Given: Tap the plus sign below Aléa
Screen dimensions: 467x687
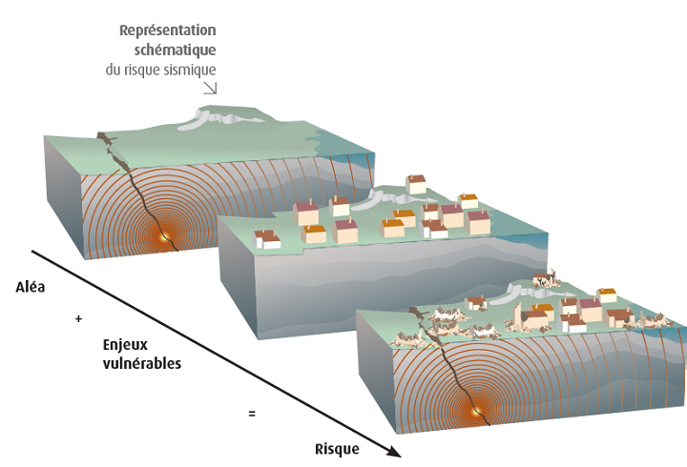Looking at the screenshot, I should tap(78, 319).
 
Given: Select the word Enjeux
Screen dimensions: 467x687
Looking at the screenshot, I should tap(128, 345).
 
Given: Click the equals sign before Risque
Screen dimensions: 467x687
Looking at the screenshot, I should tap(252, 414).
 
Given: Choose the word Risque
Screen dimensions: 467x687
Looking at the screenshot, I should tap(337, 449).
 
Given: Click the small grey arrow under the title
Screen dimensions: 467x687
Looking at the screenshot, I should tap(209, 87).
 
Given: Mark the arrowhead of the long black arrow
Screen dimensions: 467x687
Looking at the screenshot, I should tap(393, 453).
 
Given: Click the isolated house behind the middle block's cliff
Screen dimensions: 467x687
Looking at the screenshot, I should tap(416, 183).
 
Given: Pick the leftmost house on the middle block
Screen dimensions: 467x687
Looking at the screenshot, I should tap(266, 239).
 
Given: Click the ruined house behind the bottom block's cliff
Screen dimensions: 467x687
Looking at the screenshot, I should tap(544, 280).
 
